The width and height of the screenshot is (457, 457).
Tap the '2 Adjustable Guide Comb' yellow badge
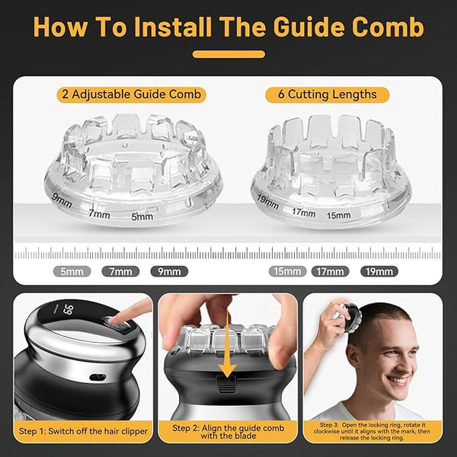(x=132, y=94)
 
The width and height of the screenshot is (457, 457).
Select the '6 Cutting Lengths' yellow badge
(x=328, y=94)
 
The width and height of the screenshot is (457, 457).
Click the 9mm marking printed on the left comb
(x=62, y=200)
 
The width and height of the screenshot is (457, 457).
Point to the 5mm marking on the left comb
(x=142, y=216)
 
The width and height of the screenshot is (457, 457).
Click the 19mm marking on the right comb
(x=267, y=202)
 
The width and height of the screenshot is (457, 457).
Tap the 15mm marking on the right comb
(x=339, y=216)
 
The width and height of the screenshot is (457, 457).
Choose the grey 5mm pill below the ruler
(x=72, y=272)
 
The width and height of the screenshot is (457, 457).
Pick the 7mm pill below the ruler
(x=120, y=272)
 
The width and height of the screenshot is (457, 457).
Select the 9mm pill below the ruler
(x=169, y=272)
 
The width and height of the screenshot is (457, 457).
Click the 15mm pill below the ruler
(x=287, y=271)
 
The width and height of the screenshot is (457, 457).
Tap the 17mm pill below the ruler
(x=331, y=272)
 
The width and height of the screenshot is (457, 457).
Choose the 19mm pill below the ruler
(x=379, y=272)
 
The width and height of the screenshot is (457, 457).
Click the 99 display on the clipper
(x=68, y=309)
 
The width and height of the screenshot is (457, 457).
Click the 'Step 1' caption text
(x=83, y=431)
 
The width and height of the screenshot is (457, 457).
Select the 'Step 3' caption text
(x=372, y=431)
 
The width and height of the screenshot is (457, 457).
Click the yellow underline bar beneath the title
(x=228, y=54)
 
